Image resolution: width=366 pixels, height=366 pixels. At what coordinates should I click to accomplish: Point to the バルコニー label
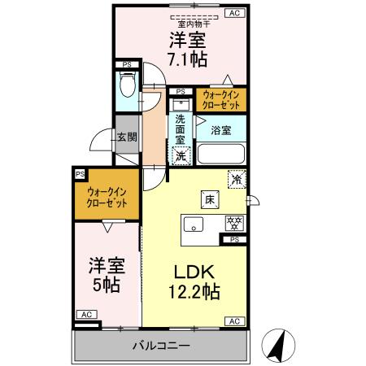(162, 346)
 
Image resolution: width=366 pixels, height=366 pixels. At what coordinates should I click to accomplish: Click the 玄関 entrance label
(125, 138)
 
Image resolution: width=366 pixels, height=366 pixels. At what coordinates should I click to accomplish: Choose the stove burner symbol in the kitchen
(233, 222)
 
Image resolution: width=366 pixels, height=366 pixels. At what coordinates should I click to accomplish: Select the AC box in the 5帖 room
(85, 314)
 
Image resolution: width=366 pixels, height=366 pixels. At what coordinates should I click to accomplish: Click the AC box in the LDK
(234, 321)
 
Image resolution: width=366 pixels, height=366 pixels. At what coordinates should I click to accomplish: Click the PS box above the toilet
(126, 63)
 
